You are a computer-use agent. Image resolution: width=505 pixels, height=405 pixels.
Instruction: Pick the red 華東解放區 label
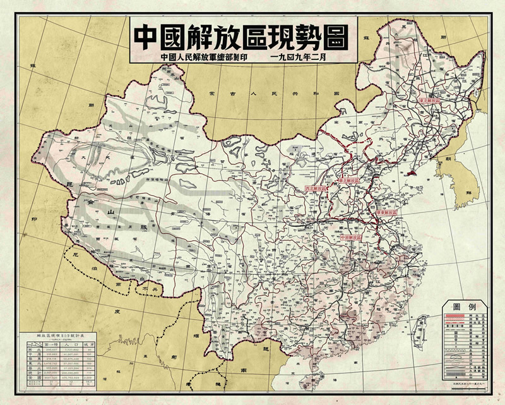[x=387, y=213]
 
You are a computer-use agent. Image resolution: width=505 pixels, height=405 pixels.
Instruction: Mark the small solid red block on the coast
[x=411, y=172]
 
